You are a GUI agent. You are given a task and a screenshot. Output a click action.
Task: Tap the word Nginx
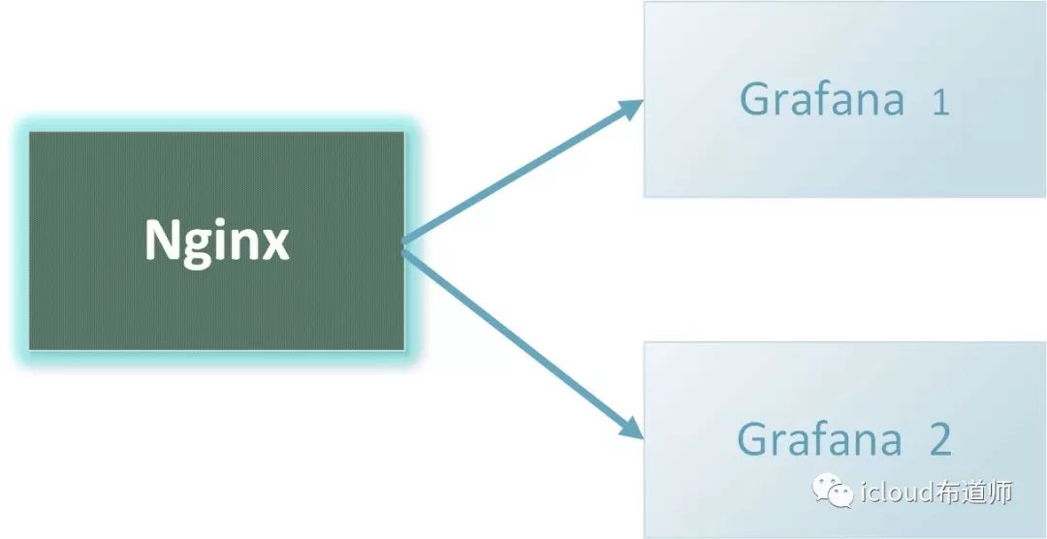coord(216,240)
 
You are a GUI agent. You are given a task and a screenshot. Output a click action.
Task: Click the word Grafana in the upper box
coord(821,100)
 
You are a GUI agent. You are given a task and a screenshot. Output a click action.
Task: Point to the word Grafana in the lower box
coord(819,439)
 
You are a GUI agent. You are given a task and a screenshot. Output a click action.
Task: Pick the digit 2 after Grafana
coord(939,439)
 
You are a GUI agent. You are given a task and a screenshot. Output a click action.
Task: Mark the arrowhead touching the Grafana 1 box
coord(630,109)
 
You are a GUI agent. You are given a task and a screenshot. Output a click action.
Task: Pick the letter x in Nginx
coord(275,243)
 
